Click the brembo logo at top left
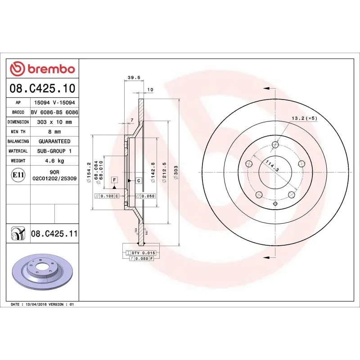pyautogui.click(x=43, y=68)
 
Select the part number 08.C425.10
pyautogui.click(x=42, y=88)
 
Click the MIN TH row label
pyautogui.click(x=18, y=132)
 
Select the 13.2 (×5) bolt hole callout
pyautogui.click(x=304, y=118)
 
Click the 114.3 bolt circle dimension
pyautogui.click(x=272, y=166)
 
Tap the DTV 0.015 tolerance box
pyautogui.click(x=143, y=253)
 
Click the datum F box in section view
pyautogui.click(x=114, y=180)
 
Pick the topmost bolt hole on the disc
pyautogui.click(x=275, y=144)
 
